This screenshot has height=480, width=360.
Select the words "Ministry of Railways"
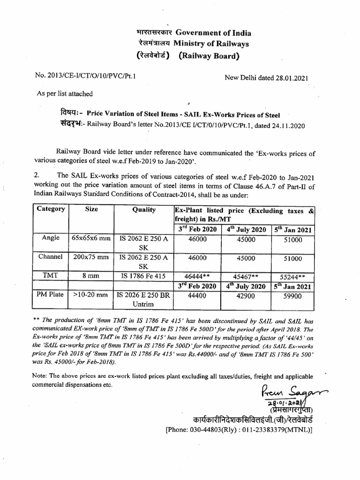pyautogui.click(x=211, y=44)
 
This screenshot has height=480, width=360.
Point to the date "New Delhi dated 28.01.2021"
pyautogui.click(x=267, y=79)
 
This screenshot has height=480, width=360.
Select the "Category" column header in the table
pyautogui.click(x=51, y=209)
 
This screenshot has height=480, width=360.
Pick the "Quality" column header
pyautogui.click(x=144, y=210)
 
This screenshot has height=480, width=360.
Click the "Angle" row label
pyautogui.click(x=51, y=238)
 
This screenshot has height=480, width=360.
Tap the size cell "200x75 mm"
pyautogui.click(x=91, y=257)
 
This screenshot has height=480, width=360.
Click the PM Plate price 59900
pyautogui.click(x=292, y=296)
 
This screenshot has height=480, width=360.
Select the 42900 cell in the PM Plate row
pyautogui.click(x=245, y=296)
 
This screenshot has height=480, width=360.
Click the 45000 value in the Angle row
pyautogui.click(x=245, y=239)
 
